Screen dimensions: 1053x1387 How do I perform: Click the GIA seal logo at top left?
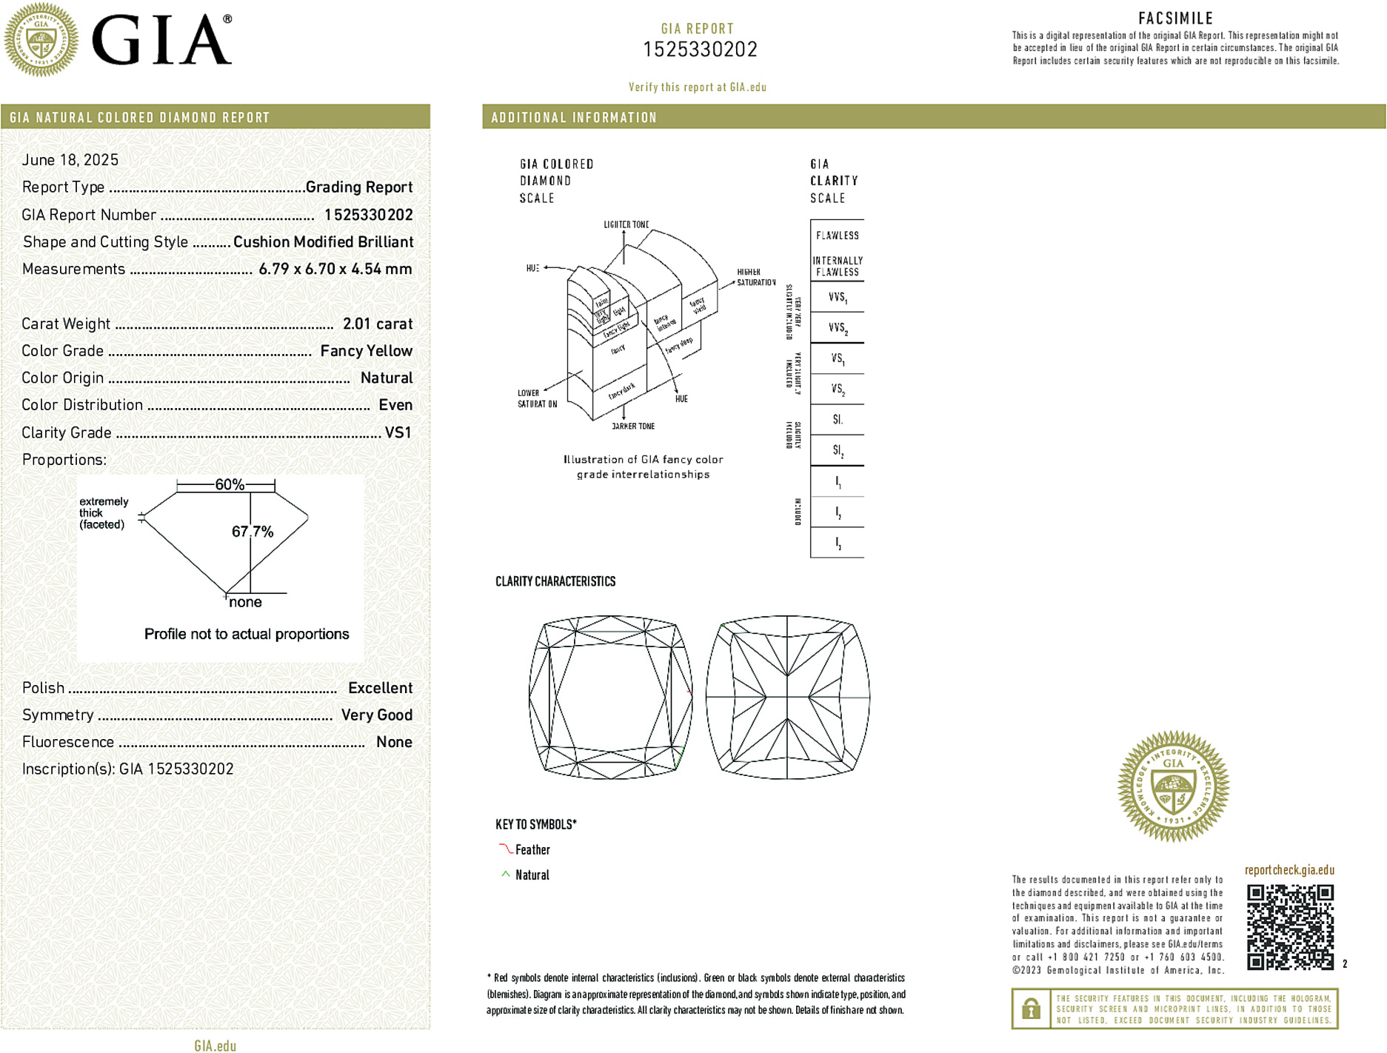tap(41, 40)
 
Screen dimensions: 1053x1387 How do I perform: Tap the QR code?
tap(1290, 926)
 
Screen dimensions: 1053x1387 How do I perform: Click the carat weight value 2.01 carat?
tap(377, 324)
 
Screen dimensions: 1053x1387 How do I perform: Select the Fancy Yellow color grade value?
tap(366, 351)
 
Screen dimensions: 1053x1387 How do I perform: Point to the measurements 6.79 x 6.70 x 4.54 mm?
tap(335, 269)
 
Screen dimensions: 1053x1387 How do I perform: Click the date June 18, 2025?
tap(70, 160)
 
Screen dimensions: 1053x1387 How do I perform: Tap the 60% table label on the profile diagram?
tap(230, 484)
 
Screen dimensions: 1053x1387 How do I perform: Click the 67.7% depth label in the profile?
tap(253, 532)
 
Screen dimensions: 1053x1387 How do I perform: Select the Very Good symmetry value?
tap(376, 715)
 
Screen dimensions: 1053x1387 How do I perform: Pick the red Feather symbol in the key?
tap(506, 849)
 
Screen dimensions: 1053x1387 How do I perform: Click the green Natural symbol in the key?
tap(506, 875)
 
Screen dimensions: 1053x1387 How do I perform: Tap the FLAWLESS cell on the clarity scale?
tap(837, 235)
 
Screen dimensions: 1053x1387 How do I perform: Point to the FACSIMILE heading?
tap(1175, 19)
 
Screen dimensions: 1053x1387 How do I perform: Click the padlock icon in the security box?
tap(1031, 1009)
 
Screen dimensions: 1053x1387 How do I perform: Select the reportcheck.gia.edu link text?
tap(1289, 870)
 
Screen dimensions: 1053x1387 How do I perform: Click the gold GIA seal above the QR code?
tap(1173, 786)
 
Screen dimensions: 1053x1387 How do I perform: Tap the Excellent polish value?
tap(380, 688)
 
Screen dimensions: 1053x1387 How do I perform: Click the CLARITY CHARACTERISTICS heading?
tap(555, 581)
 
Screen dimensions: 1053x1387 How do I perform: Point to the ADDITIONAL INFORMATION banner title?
tap(574, 118)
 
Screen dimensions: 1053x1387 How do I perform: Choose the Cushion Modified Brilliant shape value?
tap(323, 242)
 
